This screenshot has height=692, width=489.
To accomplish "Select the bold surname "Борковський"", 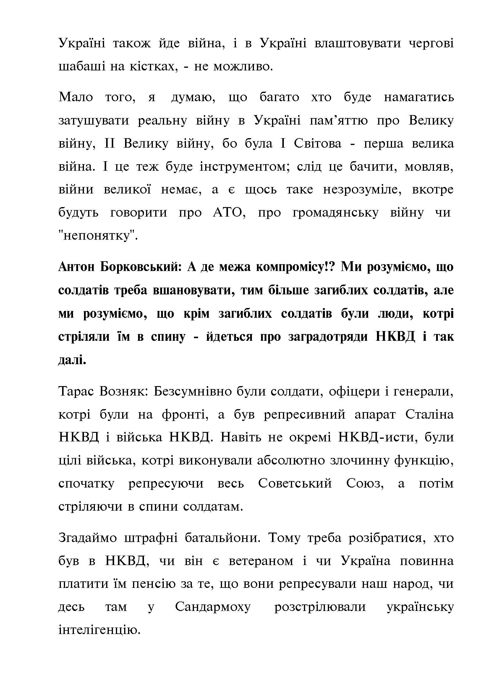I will coord(140,267).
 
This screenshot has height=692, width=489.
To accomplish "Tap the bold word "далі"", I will coord(72,359).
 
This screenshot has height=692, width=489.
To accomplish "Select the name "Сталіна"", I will coord(429,415).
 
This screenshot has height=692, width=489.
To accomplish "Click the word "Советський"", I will coord(295,484).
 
